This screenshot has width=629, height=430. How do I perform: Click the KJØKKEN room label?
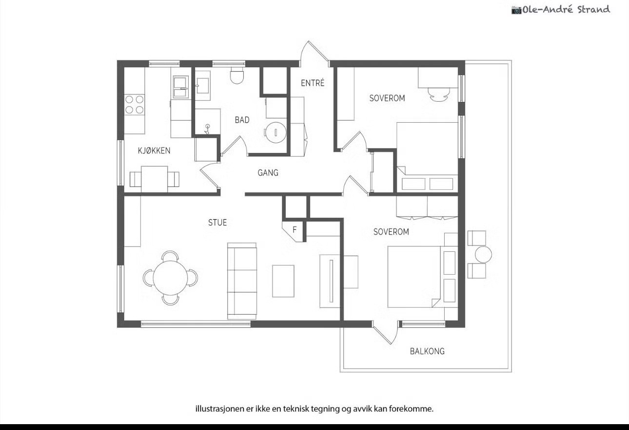pyautogui.click(x=154, y=150)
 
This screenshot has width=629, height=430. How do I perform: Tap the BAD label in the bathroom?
pyautogui.click(x=242, y=120)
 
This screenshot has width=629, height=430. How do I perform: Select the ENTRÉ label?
pyautogui.click(x=313, y=83)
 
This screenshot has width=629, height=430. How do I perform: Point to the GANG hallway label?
pyautogui.click(x=268, y=173)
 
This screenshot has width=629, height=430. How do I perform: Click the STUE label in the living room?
pyautogui.click(x=217, y=223)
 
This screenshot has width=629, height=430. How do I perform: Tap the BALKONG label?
pyautogui.click(x=427, y=351)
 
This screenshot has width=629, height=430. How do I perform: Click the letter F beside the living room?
pyautogui.click(x=295, y=230)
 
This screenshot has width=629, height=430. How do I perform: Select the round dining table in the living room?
pyautogui.click(x=170, y=278)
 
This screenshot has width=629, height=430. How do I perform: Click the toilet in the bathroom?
pyautogui.click(x=236, y=75)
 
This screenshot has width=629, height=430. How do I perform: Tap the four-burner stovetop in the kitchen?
pyautogui.click(x=135, y=105)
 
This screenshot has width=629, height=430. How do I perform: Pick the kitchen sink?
pyautogui.click(x=180, y=87)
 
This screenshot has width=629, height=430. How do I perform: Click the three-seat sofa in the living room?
pyautogui.click(x=242, y=281)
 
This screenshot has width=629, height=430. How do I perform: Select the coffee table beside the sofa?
pyautogui.click(x=283, y=281)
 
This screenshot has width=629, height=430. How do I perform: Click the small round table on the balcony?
pyautogui.click(x=483, y=254)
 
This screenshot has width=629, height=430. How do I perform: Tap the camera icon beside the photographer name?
pyautogui.click(x=516, y=10)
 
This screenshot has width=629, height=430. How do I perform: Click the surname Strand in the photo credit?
pyautogui.click(x=593, y=10)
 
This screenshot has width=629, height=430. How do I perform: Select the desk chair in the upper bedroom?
pyautogui.click(x=439, y=94)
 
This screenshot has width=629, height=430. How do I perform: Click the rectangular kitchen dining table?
pyautogui.click(x=155, y=179)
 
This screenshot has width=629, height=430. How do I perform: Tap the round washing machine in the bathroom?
pyautogui.click(x=276, y=132)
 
